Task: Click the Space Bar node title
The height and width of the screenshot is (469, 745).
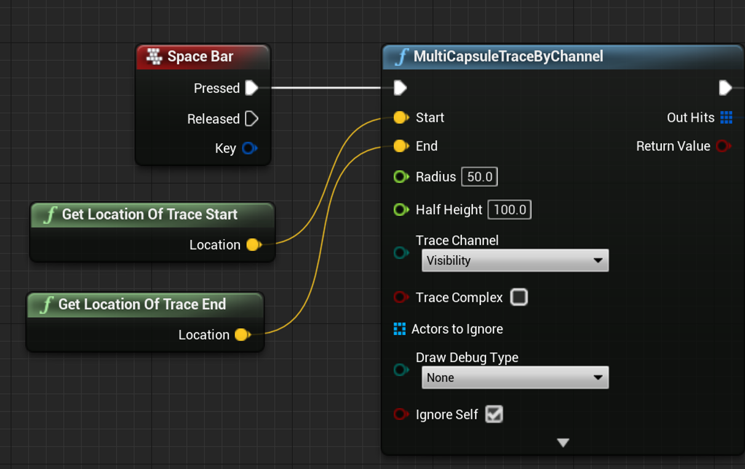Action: pyautogui.click(x=200, y=57)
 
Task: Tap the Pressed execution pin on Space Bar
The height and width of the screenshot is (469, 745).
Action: pyautogui.click(x=252, y=88)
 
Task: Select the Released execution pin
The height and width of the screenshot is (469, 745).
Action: pyautogui.click(x=252, y=119)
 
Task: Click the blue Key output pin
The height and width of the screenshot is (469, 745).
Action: pyautogui.click(x=249, y=148)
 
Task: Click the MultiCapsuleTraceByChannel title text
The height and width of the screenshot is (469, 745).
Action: pyautogui.click(x=508, y=57)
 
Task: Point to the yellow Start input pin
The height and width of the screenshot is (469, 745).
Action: pyautogui.click(x=400, y=117)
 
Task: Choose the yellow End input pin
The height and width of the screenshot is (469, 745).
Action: pyautogui.click(x=400, y=146)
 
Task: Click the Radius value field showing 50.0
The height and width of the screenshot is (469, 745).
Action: pyautogui.click(x=479, y=177)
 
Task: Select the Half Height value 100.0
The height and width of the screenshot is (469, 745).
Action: pyautogui.click(x=509, y=210)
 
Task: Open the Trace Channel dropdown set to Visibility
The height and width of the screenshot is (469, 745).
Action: pyautogui.click(x=515, y=261)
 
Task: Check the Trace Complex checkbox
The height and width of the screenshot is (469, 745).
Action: pyautogui.click(x=519, y=298)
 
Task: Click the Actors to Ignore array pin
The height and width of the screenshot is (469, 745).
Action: pyautogui.click(x=399, y=329)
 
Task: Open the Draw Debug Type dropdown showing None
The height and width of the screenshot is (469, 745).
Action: pyautogui.click(x=515, y=377)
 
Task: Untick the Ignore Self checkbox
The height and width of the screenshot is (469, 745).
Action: pyautogui.click(x=494, y=414)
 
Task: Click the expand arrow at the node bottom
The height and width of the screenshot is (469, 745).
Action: pyautogui.click(x=563, y=443)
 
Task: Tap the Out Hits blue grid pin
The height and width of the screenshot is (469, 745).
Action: pyautogui.click(x=726, y=117)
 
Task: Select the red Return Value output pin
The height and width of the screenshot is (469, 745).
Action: pyautogui.click(x=723, y=146)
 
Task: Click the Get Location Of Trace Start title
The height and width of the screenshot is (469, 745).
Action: pyautogui.click(x=149, y=215)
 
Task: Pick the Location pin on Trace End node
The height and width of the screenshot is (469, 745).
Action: pyautogui.click(x=242, y=335)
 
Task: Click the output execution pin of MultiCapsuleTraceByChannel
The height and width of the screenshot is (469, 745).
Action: pyautogui.click(x=725, y=88)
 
